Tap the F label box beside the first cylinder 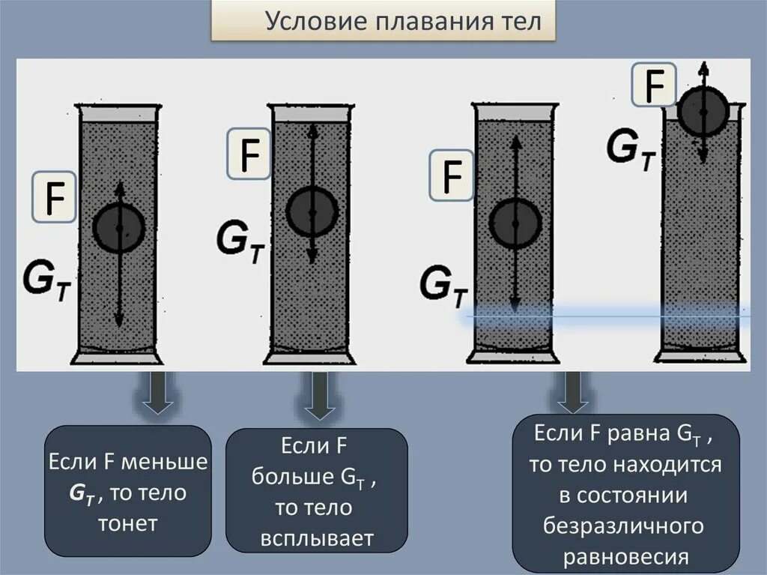[54, 196]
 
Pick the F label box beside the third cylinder [451, 175]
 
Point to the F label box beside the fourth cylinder [655, 84]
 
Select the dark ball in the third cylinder [515, 223]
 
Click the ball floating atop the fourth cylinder [703, 111]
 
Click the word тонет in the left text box [127, 523]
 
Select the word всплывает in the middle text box [317, 538]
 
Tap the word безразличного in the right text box [624, 527]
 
